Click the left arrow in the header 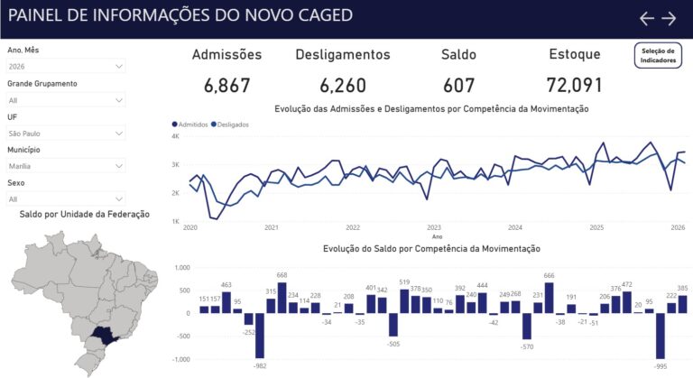coord(646,18)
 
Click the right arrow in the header coord(669,18)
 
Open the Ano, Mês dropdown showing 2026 coord(66,66)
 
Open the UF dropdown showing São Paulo coord(66,133)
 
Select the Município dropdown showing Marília coord(66,166)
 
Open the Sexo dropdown coord(66,198)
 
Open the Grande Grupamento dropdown coord(66,100)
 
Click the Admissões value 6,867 coord(226,86)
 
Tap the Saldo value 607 coord(458,86)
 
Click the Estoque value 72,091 coord(574,86)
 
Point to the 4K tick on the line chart coord(176,136)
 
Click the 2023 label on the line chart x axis coord(434,228)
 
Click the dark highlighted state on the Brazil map coord(107,336)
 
